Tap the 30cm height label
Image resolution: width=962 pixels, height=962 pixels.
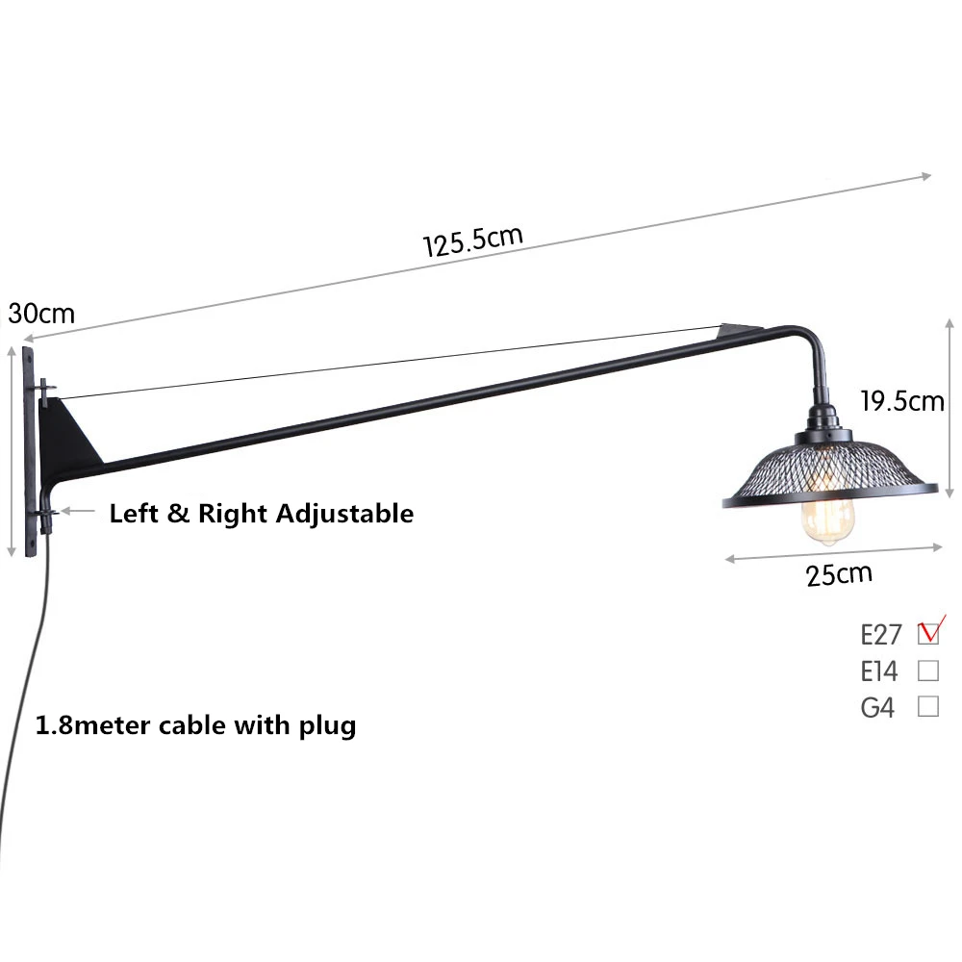tap(41, 314)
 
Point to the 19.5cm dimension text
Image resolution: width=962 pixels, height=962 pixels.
tap(902, 401)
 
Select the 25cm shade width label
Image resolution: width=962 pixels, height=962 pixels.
tap(839, 575)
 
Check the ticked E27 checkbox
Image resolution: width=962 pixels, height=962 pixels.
tap(928, 633)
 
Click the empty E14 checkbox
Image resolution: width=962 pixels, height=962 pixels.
tap(928, 671)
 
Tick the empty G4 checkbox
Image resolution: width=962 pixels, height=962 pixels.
tap(928, 706)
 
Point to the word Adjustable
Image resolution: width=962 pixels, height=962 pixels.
tap(344, 514)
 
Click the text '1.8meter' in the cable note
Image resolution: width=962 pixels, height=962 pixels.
tap(92, 725)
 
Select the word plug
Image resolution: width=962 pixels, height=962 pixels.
tap(328, 727)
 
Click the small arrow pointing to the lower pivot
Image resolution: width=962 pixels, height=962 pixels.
tap(78, 511)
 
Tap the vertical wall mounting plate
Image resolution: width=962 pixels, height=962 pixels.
tap(30, 451)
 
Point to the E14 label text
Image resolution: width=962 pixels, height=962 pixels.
tap(879, 671)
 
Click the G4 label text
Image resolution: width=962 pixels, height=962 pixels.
tap(877, 707)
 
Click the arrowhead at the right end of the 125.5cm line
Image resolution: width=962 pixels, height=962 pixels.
tap(926, 177)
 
